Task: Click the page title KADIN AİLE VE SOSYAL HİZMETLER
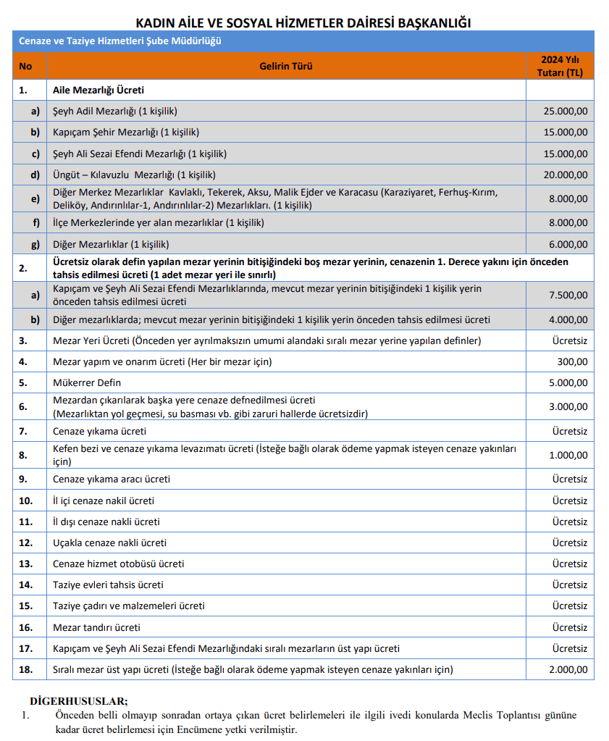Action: pyautogui.click(x=303, y=22)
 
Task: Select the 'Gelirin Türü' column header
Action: pyautogui.click(x=286, y=67)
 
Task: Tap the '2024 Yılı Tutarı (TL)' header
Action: pyautogui.click(x=560, y=66)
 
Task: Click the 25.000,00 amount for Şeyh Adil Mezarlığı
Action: pyautogui.click(x=565, y=111)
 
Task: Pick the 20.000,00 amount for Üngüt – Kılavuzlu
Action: pyautogui.click(x=565, y=175)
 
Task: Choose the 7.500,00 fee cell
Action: pyautogui.click(x=568, y=295)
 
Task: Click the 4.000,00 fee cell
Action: pyautogui.click(x=568, y=319)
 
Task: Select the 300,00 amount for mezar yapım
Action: pyautogui.click(x=572, y=361)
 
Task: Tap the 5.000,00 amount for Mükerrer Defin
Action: pyautogui.click(x=568, y=382)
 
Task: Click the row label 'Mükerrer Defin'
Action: pyautogui.click(x=87, y=382)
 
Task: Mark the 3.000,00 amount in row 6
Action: pyautogui.click(x=568, y=406)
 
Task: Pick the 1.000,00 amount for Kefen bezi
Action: pyautogui.click(x=568, y=455)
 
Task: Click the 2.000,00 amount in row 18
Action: pyautogui.click(x=568, y=669)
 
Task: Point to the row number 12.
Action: pyautogui.click(x=26, y=543)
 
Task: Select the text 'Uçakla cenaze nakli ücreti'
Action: pyautogui.click(x=109, y=543)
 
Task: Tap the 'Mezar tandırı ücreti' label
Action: pyautogui.click(x=96, y=627)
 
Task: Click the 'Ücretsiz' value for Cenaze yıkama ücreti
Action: pyautogui.click(x=569, y=431)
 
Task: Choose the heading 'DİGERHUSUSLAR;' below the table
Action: pyautogui.click(x=78, y=701)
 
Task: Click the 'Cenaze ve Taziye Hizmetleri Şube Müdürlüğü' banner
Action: pyautogui.click(x=120, y=41)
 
